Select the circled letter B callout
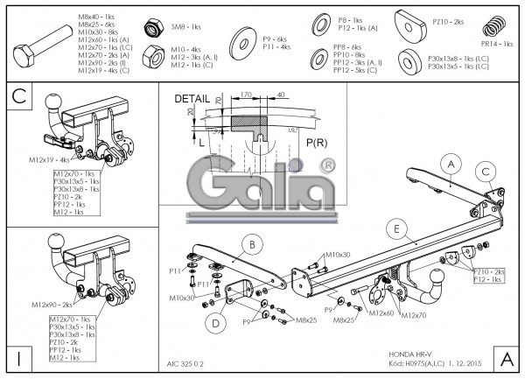coord(250,243)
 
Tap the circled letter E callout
coord(396,230)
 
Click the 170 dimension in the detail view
coord(247,93)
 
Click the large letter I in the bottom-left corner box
coord(19,359)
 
